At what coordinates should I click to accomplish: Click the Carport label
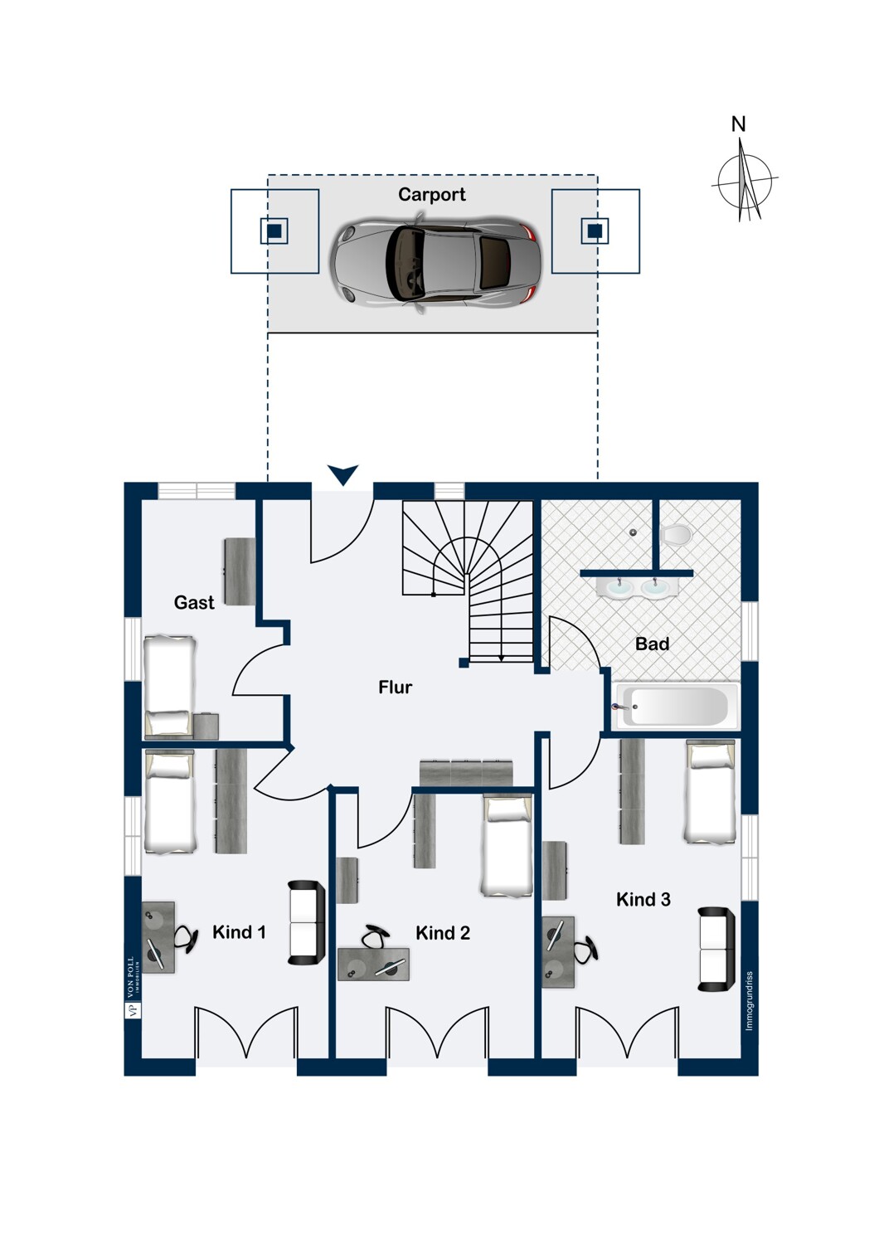pyautogui.click(x=431, y=195)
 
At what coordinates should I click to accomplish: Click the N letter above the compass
pyautogui.click(x=738, y=124)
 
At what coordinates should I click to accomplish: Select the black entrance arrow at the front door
pyautogui.click(x=342, y=474)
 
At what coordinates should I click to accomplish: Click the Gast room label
pyautogui.click(x=194, y=603)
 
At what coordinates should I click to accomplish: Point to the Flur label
pyautogui.click(x=395, y=688)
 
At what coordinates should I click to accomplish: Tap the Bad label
pyautogui.click(x=652, y=644)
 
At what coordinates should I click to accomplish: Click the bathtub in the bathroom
pyautogui.click(x=676, y=706)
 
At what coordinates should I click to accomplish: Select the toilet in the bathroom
pyautogui.click(x=677, y=535)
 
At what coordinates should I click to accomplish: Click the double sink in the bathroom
pyautogui.click(x=637, y=587)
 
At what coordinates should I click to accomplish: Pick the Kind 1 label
pyautogui.click(x=239, y=932)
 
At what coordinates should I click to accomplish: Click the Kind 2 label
pyautogui.click(x=443, y=933)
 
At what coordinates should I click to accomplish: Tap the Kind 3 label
pyautogui.click(x=643, y=900)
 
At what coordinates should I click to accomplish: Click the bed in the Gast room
pyautogui.click(x=169, y=687)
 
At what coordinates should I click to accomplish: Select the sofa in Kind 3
pyautogui.click(x=716, y=950)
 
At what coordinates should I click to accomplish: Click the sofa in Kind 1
pyautogui.click(x=306, y=922)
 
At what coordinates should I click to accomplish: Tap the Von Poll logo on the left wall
pyautogui.click(x=132, y=987)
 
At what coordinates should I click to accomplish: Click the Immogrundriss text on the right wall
pyautogui.click(x=750, y=1001)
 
